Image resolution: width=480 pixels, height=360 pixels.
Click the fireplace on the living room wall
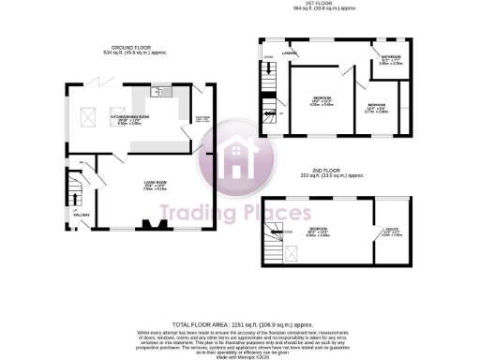point(150,225)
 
